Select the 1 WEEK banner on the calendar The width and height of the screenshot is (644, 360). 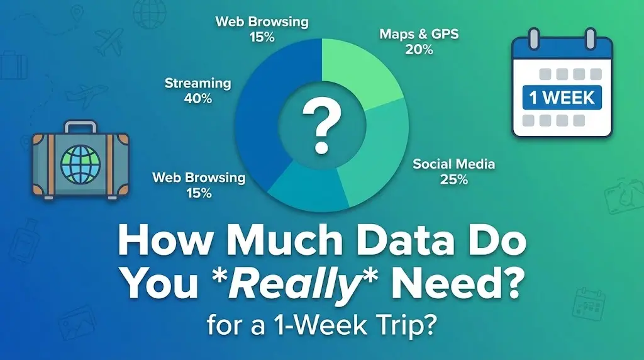click(562, 98)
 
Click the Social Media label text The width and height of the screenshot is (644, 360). click(453, 164)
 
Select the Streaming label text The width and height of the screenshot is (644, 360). click(197, 83)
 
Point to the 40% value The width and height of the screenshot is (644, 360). click(197, 99)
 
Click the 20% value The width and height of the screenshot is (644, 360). click(419, 50)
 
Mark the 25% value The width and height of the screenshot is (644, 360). click(453, 180)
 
